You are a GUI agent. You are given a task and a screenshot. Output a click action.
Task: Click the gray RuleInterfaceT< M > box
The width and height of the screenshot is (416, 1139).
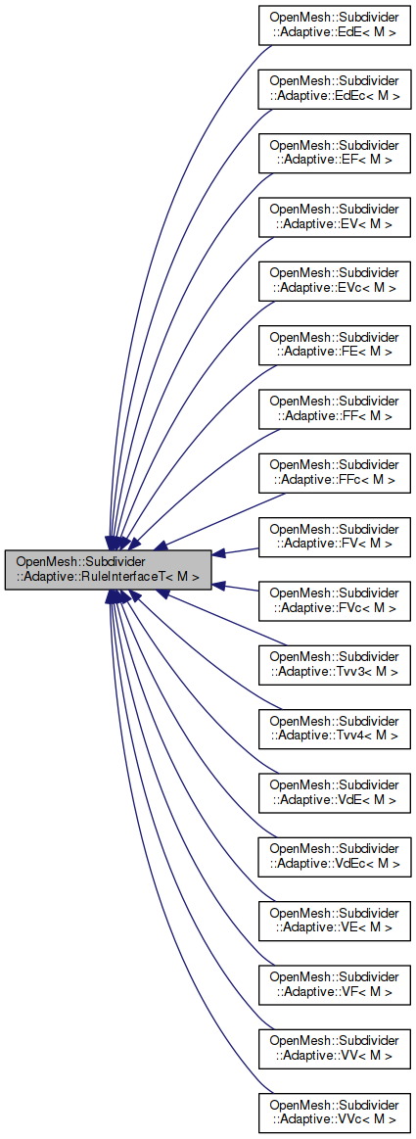click(109, 569)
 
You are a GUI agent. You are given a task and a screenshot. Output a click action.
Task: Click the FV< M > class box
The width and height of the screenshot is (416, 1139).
click(334, 536)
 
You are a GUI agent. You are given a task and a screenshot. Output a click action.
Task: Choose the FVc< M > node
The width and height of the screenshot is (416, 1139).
click(334, 599)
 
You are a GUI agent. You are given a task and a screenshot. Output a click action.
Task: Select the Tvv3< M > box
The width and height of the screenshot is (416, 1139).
click(334, 663)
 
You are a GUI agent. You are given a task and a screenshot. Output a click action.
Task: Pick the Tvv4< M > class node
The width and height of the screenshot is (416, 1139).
click(334, 727)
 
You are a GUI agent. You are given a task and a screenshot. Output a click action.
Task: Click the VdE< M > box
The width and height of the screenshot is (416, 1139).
click(334, 790)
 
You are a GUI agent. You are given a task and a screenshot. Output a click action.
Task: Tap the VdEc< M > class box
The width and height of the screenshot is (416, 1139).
click(334, 854)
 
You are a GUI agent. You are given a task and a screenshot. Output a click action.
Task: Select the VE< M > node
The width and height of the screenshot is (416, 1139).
click(334, 918)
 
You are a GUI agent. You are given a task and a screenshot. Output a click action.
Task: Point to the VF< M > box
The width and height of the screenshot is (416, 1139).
click(334, 981)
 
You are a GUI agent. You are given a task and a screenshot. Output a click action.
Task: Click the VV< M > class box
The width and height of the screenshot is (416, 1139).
click(334, 1045)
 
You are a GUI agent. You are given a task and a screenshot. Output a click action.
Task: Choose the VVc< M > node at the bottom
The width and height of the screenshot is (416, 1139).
click(334, 1110)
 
